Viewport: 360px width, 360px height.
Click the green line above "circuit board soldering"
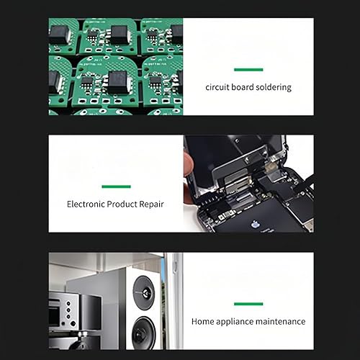248,70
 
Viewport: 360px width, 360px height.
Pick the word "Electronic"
86,204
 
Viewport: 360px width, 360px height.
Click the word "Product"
122,204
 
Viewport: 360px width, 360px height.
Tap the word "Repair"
151,204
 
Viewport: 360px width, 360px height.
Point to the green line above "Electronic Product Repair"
116,186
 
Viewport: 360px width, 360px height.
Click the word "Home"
203,321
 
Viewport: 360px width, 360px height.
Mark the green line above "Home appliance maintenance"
248,304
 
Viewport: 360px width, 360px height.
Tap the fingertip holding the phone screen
189,163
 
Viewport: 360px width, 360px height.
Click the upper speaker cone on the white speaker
144,292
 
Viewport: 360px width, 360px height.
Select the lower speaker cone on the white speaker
143,333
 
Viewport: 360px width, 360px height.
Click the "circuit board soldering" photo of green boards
116,66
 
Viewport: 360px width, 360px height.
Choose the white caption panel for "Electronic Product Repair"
116,184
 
